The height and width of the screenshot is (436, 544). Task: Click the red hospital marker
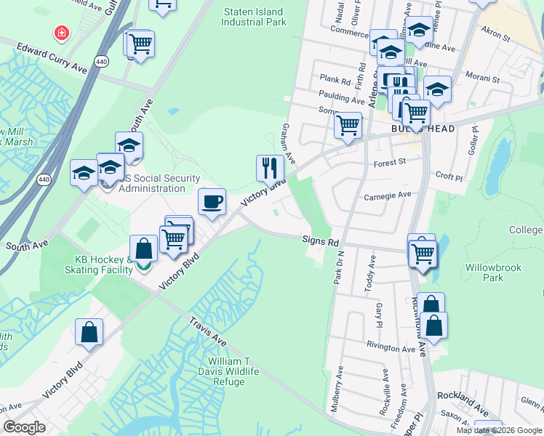(62, 33)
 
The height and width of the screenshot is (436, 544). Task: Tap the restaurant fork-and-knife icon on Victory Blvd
(270, 169)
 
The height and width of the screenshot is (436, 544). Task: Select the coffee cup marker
(212, 202)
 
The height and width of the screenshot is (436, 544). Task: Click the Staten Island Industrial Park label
(255, 17)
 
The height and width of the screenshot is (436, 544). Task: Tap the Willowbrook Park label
(493, 272)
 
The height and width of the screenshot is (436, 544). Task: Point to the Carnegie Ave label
(388, 195)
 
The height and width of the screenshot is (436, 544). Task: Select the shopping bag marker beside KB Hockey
(143, 249)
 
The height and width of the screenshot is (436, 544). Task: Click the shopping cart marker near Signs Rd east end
(423, 254)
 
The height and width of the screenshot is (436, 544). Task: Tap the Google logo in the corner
(24, 427)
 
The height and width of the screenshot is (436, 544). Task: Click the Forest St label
(389, 164)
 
